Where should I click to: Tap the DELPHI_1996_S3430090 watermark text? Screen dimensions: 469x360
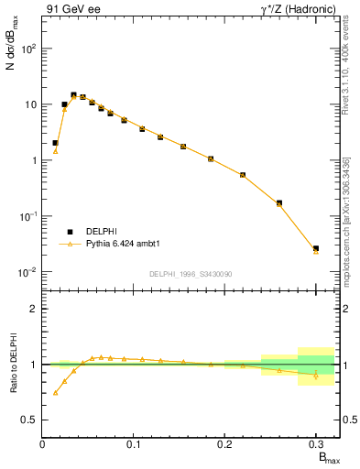point(190,274)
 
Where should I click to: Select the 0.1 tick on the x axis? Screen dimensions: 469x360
point(134,444)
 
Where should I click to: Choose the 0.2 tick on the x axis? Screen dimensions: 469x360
point(225,444)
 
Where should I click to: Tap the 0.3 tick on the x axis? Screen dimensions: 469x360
point(316,444)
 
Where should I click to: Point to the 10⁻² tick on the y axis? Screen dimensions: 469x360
point(27,272)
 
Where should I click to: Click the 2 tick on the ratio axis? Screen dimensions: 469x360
point(33,309)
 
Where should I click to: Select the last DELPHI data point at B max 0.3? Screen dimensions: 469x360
point(316,248)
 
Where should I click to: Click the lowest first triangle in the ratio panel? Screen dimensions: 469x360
point(55,392)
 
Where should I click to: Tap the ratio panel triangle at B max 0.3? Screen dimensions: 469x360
point(316,375)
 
